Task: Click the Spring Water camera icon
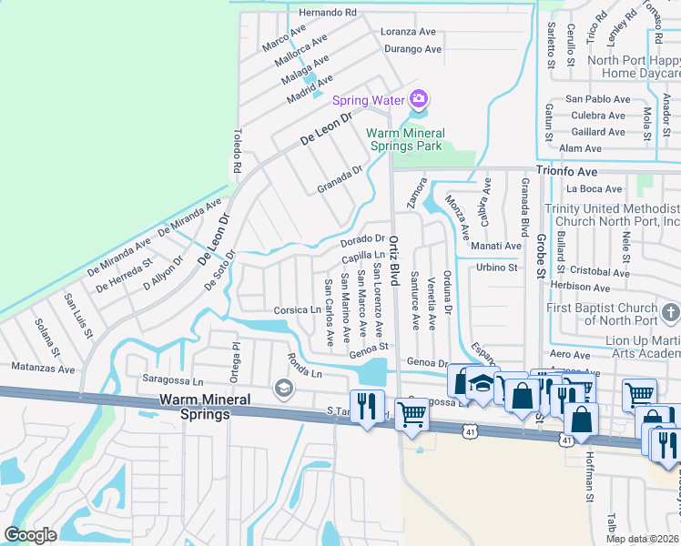(x=419, y=98)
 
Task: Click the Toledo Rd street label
(x=237, y=151)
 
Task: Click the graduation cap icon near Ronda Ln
(x=284, y=389)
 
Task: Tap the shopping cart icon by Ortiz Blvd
(x=412, y=413)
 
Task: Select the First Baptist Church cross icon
(x=670, y=314)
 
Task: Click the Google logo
(x=31, y=535)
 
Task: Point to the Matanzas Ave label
(x=44, y=369)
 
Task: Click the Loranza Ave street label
(x=411, y=32)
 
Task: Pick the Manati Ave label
(x=495, y=246)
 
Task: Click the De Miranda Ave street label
(x=189, y=217)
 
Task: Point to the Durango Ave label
(x=412, y=49)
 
